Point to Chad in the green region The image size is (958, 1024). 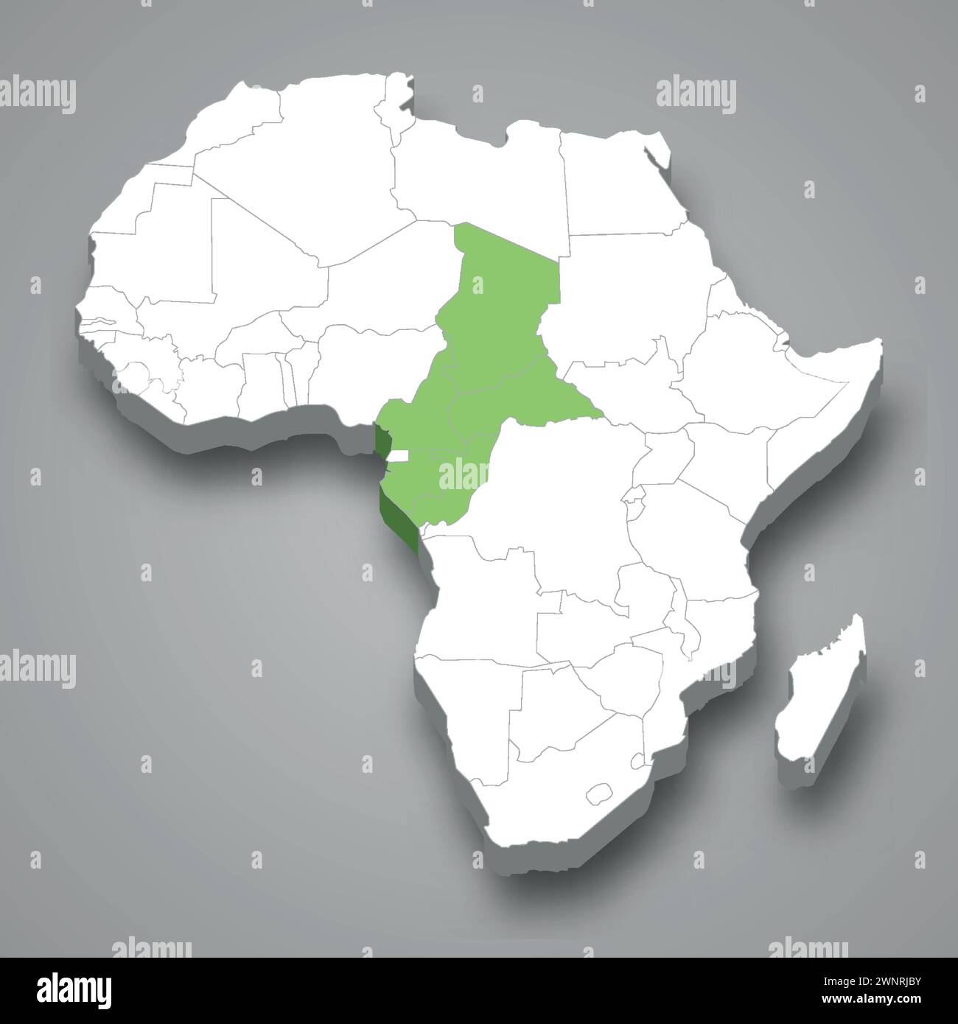click(501, 295)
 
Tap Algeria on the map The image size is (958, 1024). click(324, 162)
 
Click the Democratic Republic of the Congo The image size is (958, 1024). click(567, 508)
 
